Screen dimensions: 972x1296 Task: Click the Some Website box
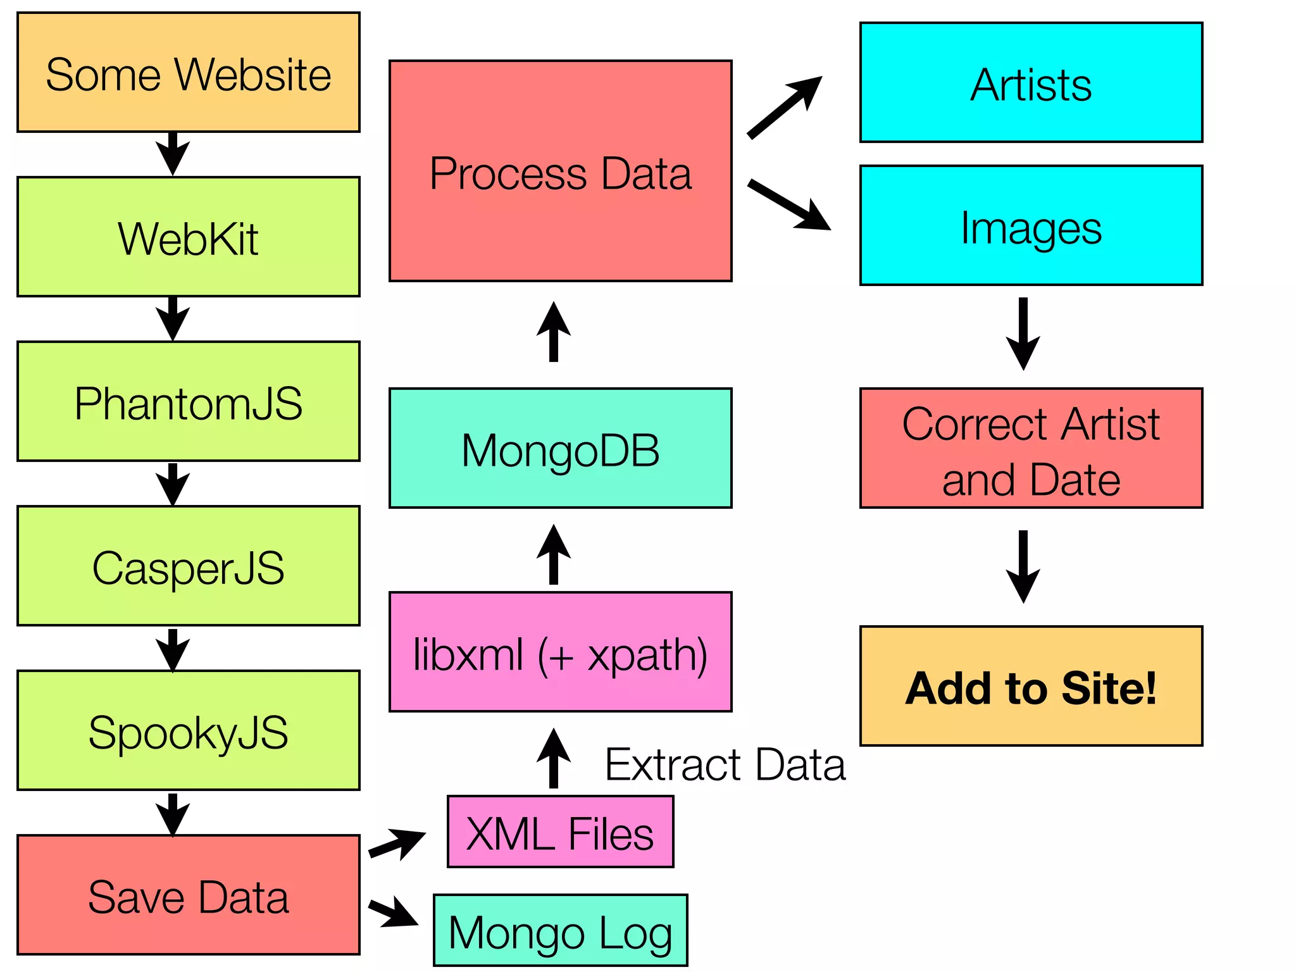tap(188, 73)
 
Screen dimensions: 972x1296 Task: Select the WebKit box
tap(188, 237)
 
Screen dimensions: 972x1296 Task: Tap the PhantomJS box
tap(188, 402)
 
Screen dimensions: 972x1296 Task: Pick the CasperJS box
tap(188, 566)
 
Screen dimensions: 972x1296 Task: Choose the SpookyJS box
tap(188, 731)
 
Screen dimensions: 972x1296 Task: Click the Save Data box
tap(188, 895)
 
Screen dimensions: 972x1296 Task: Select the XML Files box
tap(560, 832)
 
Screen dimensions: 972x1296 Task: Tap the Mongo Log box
tap(560, 930)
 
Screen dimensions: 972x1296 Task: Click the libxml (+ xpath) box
tap(560, 652)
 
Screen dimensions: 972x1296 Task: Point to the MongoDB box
tap(560, 449)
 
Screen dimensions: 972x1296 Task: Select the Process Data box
tap(560, 171)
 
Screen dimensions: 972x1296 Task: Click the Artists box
tap(1031, 83)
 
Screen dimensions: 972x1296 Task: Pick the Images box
tap(1031, 226)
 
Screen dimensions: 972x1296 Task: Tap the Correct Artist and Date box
tap(1031, 449)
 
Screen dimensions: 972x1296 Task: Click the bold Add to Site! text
tap(1031, 688)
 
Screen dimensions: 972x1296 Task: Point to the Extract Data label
tap(725, 764)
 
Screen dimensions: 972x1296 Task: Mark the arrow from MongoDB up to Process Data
tap(554, 332)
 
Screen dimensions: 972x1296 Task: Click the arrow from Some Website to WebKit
tap(173, 154)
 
